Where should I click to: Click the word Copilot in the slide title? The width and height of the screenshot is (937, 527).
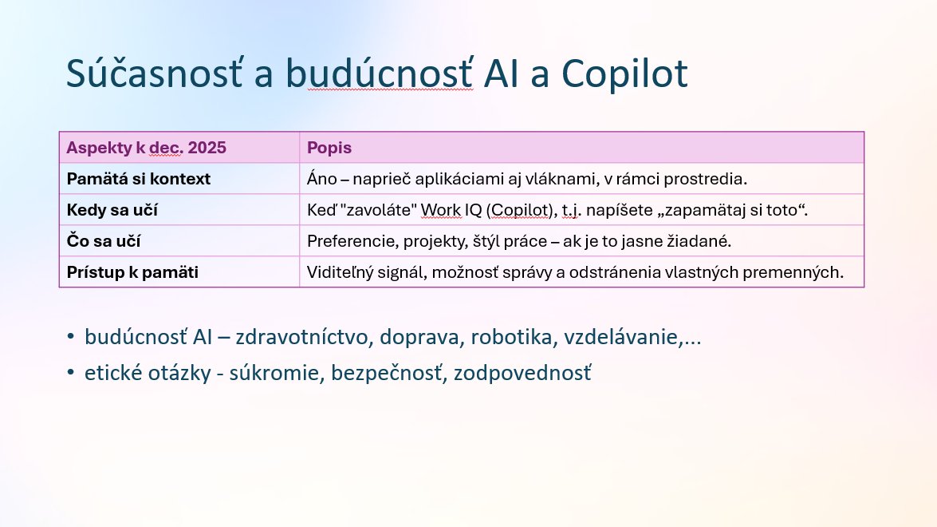[624, 73]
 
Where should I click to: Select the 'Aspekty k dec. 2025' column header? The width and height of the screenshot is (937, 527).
[147, 148]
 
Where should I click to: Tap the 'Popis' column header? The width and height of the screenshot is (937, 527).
[329, 148]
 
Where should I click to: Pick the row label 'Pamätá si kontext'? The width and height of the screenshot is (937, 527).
[139, 179]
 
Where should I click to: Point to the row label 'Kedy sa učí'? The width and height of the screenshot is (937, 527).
[112, 210]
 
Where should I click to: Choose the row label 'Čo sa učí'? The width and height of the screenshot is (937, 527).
[104, 241]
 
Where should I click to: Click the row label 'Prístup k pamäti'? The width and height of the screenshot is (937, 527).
[132, 272]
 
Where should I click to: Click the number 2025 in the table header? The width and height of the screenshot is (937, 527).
[207, 148]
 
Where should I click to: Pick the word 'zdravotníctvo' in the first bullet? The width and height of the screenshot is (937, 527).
[301, 338]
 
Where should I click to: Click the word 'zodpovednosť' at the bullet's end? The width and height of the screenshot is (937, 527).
[523, 373]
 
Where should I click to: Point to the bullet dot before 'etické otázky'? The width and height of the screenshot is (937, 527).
[71, 373]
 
